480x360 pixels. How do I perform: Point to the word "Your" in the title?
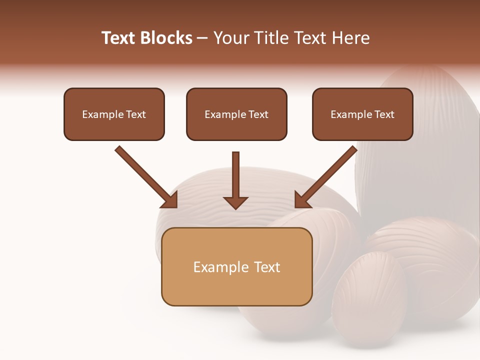coord(231,38)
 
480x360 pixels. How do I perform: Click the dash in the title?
coord(202,38)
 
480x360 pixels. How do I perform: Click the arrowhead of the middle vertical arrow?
coord(235,202)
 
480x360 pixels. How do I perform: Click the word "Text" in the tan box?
coord(266,267)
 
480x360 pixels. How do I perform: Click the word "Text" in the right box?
coord(384,114)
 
